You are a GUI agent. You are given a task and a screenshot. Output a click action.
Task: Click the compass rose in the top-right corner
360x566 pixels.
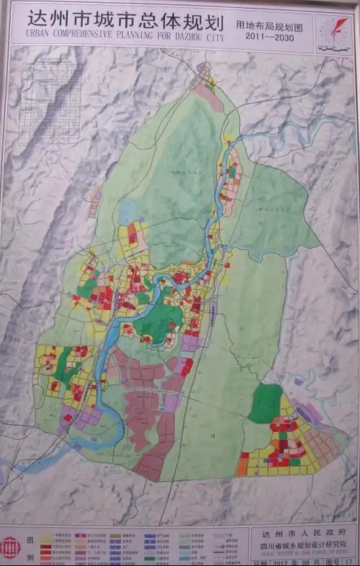(332, 30)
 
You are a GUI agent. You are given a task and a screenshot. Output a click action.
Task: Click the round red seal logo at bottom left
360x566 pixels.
(10, 547)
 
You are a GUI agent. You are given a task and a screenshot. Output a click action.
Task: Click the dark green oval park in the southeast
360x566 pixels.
(266, 403)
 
